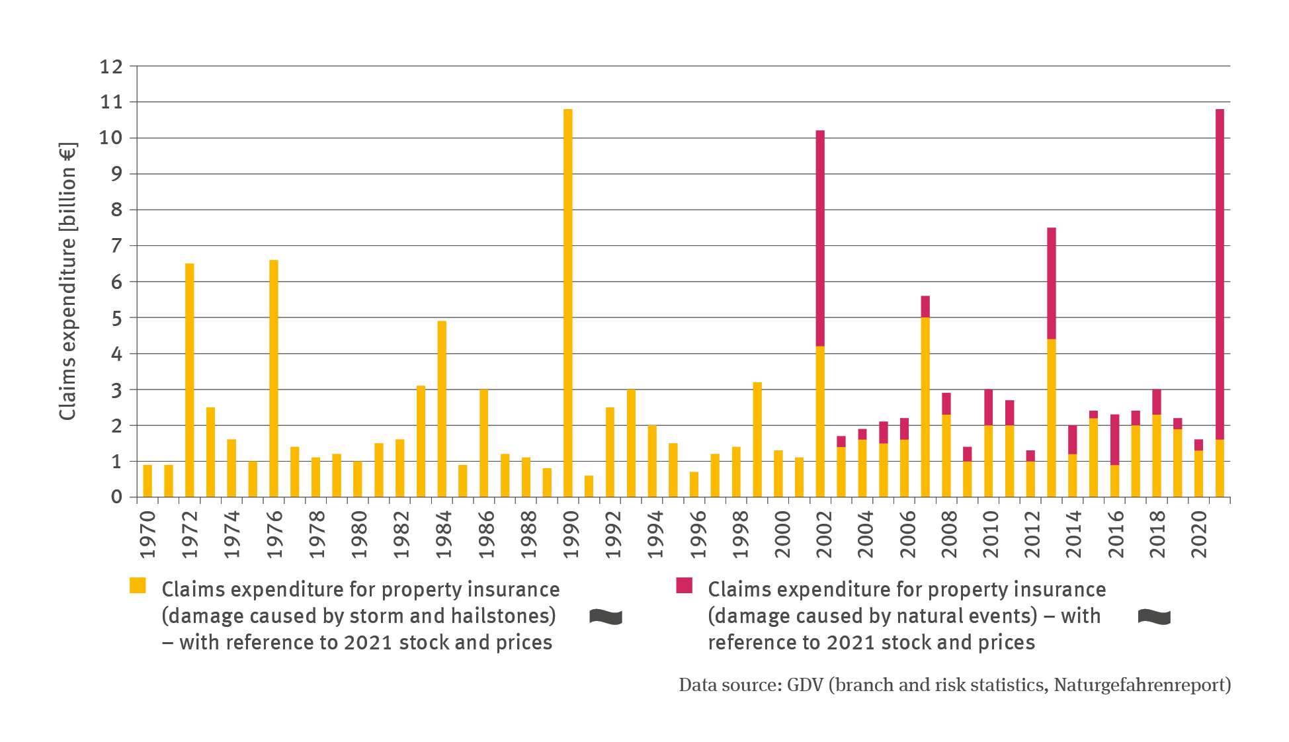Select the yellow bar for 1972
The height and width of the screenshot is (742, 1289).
click(x=190, y=380)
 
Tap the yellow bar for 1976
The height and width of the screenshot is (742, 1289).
click(x=274, y=378)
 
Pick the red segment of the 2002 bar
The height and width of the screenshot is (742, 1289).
click(x=820, y=238)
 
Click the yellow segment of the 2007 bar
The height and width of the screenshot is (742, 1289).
click(x=925, y=407)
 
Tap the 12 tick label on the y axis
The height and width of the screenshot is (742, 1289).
click(x=111, y=66)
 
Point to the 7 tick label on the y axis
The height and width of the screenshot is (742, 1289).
click(x=116, y=246)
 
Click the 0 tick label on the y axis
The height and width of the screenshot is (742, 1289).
click(x=116, y=497)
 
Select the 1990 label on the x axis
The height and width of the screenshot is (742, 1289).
click(x=571, y=534)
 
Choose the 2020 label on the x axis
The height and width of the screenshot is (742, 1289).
click(x=1199, y=534)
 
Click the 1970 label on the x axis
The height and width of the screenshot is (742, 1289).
click(x=148, y=534)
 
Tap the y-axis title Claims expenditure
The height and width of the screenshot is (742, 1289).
click(x=68, y=281)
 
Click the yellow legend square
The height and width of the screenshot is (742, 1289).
click(x=138, y=585)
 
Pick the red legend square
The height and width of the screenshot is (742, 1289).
click(x=684, y=585)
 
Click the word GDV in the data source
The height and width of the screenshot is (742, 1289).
click(x=804, y=684)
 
